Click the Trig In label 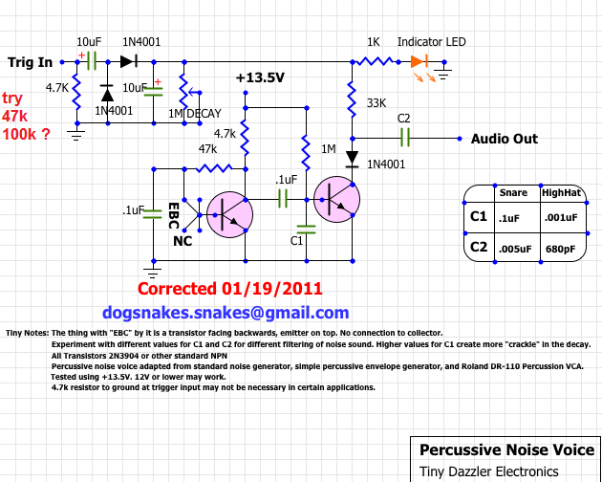click(x=31, y=62)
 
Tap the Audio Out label click(x=505, y=139)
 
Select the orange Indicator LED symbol click(x=419, y=61)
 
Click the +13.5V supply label click(x=260, y=77)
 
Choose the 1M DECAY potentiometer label click(x=195, y=114)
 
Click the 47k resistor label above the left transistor click(x=208, y=150)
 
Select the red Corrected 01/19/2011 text click(x=229, y=288)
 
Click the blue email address click(x=226, y=313)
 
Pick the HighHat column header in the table click(x=561, y=192)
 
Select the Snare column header click(x=515, y=192)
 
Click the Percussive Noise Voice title click(x=505, y=449)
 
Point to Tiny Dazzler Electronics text click(x=488, y=471)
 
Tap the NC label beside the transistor click(x=183, y=241)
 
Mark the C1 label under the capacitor click(x=297, y=241)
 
